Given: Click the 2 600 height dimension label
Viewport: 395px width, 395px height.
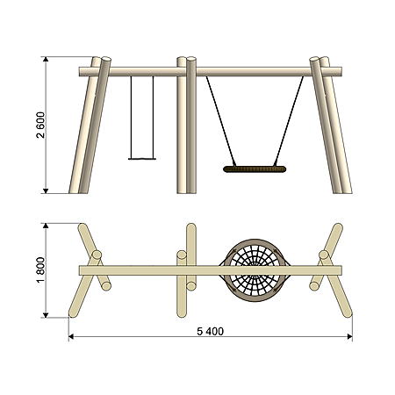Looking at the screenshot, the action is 40,125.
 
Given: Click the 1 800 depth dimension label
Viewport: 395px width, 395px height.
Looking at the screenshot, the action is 40,269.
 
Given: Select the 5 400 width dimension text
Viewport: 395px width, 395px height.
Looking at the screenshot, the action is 210,331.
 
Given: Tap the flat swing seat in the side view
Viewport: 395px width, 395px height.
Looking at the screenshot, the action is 142,159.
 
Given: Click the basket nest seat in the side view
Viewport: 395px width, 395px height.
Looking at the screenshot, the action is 255,169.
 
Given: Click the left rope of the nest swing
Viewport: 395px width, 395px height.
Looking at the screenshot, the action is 221,121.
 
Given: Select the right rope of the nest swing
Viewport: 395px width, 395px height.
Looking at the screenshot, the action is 289,121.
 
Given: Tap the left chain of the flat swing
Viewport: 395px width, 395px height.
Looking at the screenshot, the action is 131,118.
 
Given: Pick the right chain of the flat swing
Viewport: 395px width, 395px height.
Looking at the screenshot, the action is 153,118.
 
